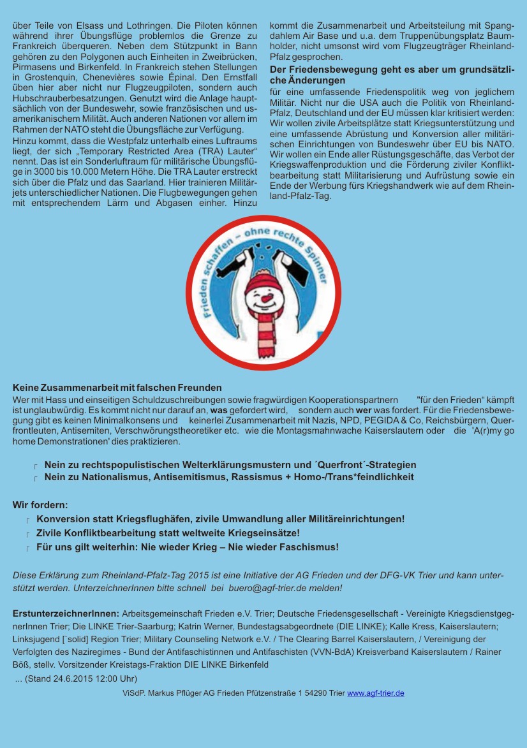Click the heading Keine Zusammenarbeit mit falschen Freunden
[x=117, y=387]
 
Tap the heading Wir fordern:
[x=40, y=505]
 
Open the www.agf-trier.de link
[x=375, y=693]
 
